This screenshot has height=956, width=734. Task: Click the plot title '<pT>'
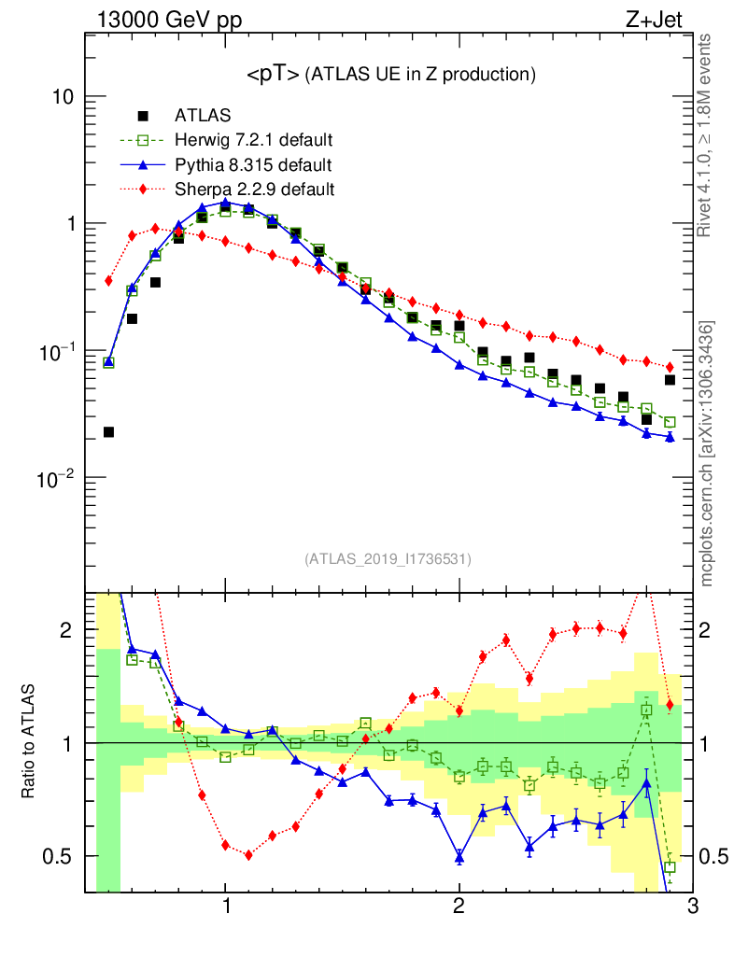point(272,75)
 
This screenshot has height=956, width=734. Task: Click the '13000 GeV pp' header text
point(169,19)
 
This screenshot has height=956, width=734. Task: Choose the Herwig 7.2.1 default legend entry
point(254,141)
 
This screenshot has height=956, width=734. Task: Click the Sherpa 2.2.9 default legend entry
point(255,190)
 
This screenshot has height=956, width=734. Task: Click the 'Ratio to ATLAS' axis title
point(28,742)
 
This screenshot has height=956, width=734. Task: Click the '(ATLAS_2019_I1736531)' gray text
point(388,559)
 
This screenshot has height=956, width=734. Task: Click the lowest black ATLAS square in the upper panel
point(108,432)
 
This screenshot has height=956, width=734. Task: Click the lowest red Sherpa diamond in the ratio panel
point(248,854)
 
